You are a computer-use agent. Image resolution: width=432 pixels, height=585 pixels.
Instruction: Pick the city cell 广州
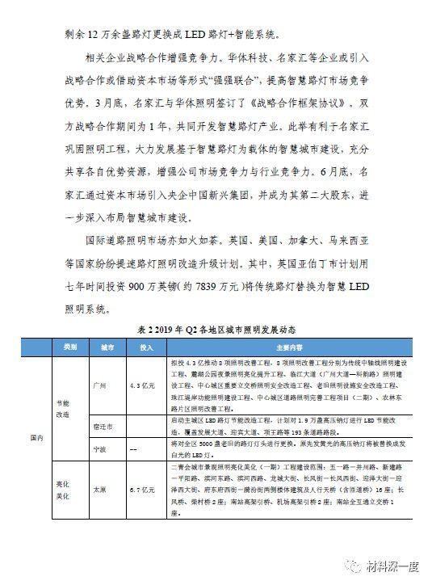coord(100,385)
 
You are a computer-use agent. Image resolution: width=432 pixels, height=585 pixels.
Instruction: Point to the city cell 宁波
coord(100,447)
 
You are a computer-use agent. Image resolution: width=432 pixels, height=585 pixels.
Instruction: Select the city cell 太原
coord(100,490)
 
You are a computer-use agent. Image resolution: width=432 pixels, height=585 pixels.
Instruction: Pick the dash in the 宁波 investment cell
coord(135,447)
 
